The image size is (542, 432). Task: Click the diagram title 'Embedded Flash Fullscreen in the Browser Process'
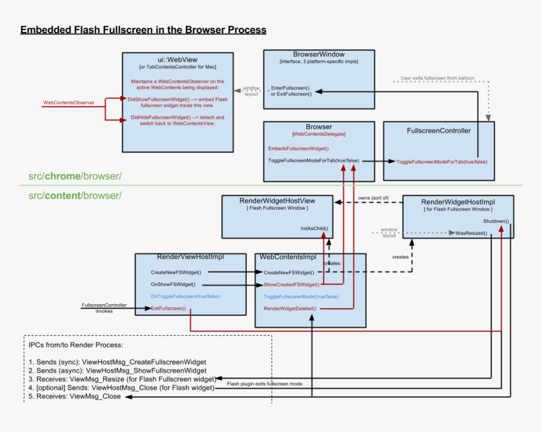(x=143, y=30)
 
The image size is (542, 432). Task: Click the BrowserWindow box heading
(x=319, y=54)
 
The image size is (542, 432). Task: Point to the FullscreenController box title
(x=439, y=130)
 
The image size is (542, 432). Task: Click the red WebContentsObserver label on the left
(x=69, y=102)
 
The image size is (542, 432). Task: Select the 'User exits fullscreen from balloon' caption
(x=437, y=79)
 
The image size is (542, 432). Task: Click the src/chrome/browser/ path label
(x=75, y=176)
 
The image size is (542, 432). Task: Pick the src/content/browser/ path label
(x=75, y=195)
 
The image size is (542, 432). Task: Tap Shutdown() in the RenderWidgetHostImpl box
(x=496, y=222)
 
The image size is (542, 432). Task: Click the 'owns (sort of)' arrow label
(x=374, y=198)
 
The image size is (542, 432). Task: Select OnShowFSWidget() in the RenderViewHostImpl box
(x=173, y=285)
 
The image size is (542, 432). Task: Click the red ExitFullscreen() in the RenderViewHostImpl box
(x=168, y=308)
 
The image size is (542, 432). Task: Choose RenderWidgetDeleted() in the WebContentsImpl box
(x=290, y=309)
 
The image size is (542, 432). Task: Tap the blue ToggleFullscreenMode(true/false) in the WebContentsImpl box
(x=301, y=297)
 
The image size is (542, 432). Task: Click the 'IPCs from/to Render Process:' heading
(x=76, y=345)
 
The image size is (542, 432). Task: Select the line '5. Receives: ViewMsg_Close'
(x=74, y=397)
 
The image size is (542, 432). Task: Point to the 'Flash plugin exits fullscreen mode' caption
(x=265, y=383)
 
